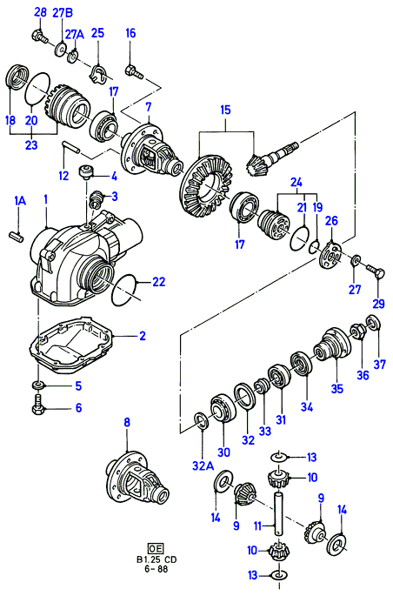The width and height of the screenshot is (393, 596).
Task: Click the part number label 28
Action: [x=39, y=12]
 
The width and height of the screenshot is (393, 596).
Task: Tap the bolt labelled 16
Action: [x=134, y=72]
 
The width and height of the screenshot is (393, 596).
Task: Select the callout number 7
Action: [x=149, y=107]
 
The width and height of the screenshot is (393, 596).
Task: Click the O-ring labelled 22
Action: [x=127, y=290]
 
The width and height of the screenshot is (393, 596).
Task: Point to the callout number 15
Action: [x=225, y=110]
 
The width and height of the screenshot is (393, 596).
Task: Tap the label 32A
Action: [x=203, y=465]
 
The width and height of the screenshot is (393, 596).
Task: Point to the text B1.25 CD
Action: [x=156, y=559]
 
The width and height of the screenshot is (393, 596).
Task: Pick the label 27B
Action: [x=63, y=12]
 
